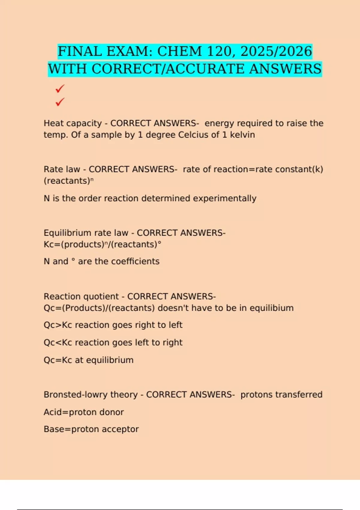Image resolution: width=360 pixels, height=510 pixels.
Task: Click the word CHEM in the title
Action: point(180,52)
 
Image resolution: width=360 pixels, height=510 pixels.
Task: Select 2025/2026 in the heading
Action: point(276,52)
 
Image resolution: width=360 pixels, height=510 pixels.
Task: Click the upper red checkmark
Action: point(60,88)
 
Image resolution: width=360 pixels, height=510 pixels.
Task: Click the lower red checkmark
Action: point(60,102)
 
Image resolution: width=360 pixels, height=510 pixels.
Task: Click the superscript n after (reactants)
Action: point(92,180)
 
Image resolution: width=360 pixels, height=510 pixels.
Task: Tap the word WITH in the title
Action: point(67,69)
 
